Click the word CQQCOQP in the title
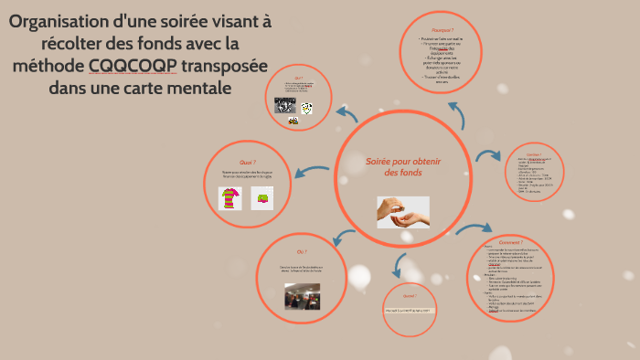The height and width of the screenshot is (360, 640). [x=133, y=66]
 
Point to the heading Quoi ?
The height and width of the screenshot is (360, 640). [x=247, y=162]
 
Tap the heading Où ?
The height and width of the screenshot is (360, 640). [x=302, y=250]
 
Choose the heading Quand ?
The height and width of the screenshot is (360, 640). [x=410, y=296]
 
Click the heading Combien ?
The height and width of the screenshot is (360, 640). [x=533, y=156]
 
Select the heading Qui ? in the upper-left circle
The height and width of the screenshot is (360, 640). [x=299, y=79]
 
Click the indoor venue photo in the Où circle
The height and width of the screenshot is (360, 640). [x=302, y=294]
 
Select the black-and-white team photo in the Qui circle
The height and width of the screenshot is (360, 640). [x=284, y=105]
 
